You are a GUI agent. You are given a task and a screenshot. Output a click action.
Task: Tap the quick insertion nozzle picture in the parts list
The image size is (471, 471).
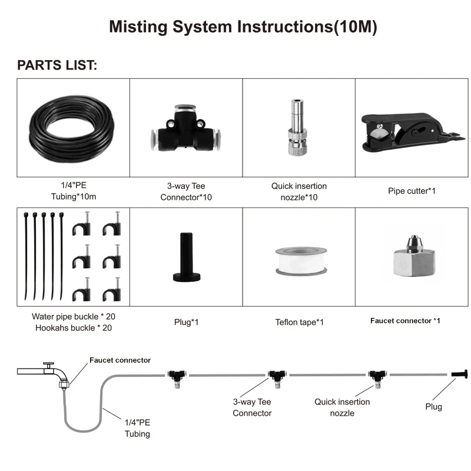297,128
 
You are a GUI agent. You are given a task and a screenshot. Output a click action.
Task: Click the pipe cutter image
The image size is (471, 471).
412,132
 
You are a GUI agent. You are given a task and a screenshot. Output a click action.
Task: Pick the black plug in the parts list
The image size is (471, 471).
186,257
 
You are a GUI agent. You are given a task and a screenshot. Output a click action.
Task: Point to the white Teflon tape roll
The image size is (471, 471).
301,261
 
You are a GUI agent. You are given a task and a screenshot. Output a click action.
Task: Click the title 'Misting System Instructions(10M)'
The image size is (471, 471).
243,26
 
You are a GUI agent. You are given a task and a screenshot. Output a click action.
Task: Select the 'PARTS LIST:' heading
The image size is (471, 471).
57,65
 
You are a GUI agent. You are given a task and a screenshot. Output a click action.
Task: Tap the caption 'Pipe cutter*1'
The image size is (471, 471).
412,191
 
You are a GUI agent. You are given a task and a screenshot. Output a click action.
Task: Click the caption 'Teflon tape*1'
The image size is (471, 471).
299,322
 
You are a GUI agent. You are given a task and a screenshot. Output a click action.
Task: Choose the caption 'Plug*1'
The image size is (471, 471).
186,322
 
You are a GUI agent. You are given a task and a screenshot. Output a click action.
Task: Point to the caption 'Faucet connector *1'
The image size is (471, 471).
405,321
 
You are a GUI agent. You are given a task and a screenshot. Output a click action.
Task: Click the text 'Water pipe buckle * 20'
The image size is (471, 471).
74,317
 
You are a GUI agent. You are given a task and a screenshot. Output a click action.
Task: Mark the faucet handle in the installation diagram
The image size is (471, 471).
48,364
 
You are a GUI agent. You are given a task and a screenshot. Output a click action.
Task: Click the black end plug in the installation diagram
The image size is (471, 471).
460,374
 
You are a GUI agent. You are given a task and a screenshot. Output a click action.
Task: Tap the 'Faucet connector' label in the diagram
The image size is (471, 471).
120,360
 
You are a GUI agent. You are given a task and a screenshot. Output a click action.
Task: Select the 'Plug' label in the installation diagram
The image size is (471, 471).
433,407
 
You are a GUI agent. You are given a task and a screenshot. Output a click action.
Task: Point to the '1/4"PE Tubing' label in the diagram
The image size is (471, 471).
137,428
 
